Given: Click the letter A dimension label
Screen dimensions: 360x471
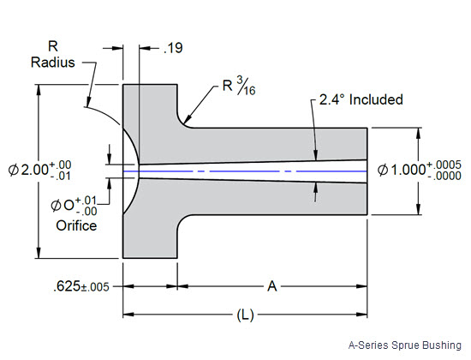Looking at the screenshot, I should point(272,287).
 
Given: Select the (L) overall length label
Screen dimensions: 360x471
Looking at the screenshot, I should point(245,315).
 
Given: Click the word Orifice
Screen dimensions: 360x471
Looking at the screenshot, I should point(75,225).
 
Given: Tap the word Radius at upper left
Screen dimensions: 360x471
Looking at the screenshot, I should point(51,63).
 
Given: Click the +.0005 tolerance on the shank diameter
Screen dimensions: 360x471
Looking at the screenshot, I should point(444,163).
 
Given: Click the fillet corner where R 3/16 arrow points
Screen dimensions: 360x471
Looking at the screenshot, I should point(183,122).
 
